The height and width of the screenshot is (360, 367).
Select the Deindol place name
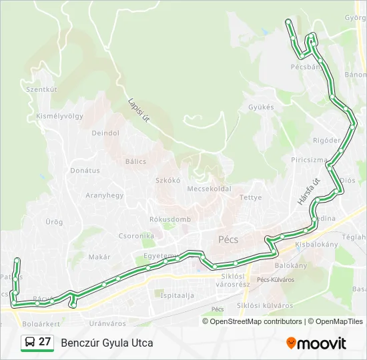point(105,133)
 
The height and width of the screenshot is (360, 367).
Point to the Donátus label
point(85,171)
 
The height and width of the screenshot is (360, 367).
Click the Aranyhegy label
point(104,195)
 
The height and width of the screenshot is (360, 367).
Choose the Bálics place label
point(135,161)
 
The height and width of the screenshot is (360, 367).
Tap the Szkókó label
point(168,180)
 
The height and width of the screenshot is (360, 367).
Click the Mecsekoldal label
point(209,189)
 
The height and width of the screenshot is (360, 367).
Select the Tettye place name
point(250,197)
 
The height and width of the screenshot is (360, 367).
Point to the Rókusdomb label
point(170,219)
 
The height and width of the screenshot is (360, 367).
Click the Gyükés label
point(261,107)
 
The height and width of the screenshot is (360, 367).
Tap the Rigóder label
point(326,141)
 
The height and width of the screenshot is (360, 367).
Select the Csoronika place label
point(136,235)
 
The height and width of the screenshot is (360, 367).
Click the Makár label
point(99,257)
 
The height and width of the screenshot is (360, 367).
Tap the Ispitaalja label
point(177,295)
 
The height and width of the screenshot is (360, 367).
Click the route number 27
point(45,342)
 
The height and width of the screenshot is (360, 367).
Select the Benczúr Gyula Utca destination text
point(107,343)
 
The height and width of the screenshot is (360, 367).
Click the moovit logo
point(316,343)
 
